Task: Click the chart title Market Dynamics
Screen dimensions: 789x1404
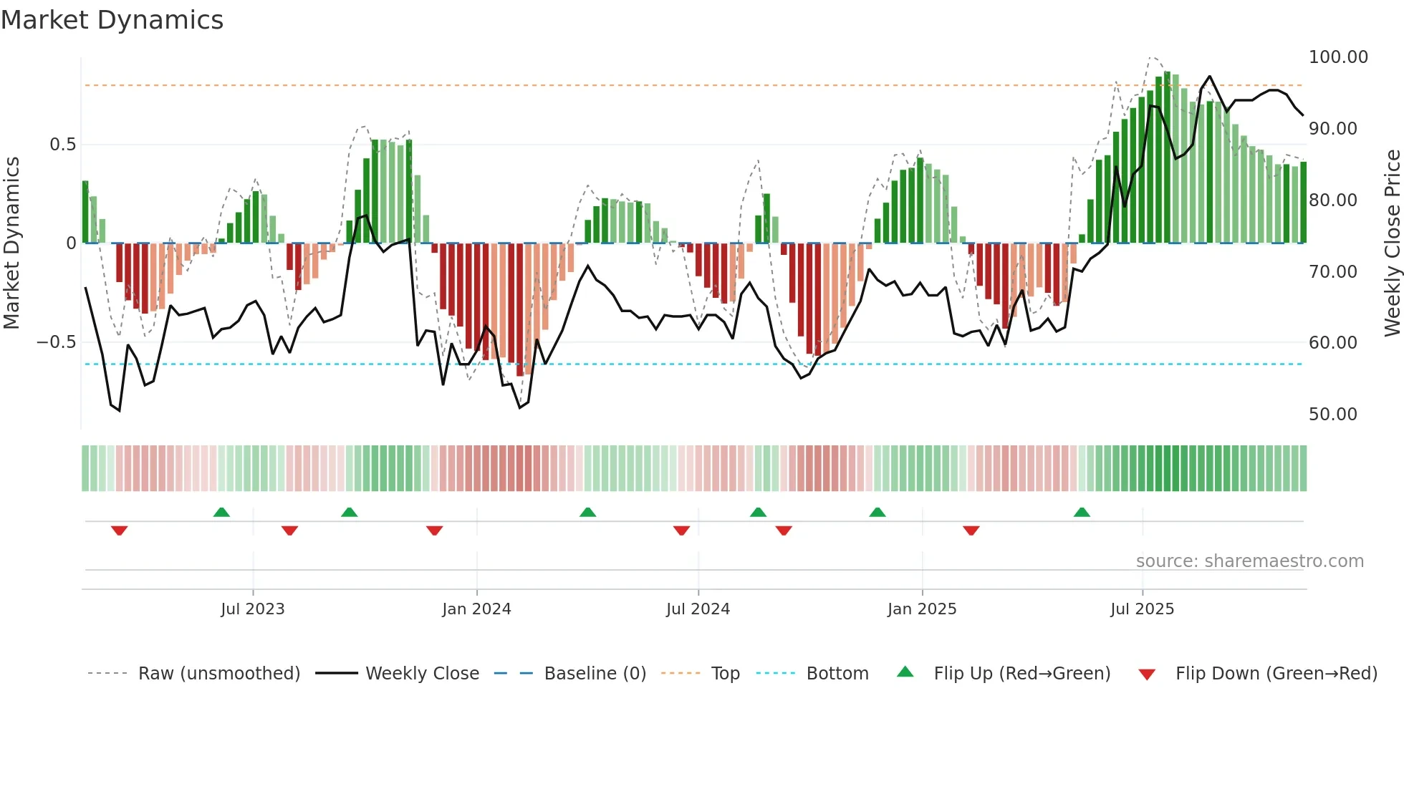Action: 112,20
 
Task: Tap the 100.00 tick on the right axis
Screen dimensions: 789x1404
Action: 1337,57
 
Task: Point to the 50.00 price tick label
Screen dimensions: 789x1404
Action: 1332,415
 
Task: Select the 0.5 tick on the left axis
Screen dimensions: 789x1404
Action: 62,145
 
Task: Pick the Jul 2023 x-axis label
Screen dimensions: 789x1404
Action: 252,609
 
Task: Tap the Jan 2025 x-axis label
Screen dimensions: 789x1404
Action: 921,609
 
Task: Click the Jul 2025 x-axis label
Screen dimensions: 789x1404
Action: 1142,609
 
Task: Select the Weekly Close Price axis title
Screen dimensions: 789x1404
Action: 1392,243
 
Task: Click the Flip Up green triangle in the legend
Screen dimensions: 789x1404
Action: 905,672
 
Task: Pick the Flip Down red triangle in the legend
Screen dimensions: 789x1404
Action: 1146,674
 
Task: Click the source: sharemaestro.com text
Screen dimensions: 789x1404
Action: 1249,561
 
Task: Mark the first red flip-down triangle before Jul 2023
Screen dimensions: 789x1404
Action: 119,531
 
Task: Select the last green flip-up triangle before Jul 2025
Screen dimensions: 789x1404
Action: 1082,512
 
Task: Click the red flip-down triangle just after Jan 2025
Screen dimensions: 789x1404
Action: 971,531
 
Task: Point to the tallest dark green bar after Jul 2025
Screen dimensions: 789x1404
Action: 1167,158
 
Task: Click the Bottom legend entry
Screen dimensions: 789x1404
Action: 837,674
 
